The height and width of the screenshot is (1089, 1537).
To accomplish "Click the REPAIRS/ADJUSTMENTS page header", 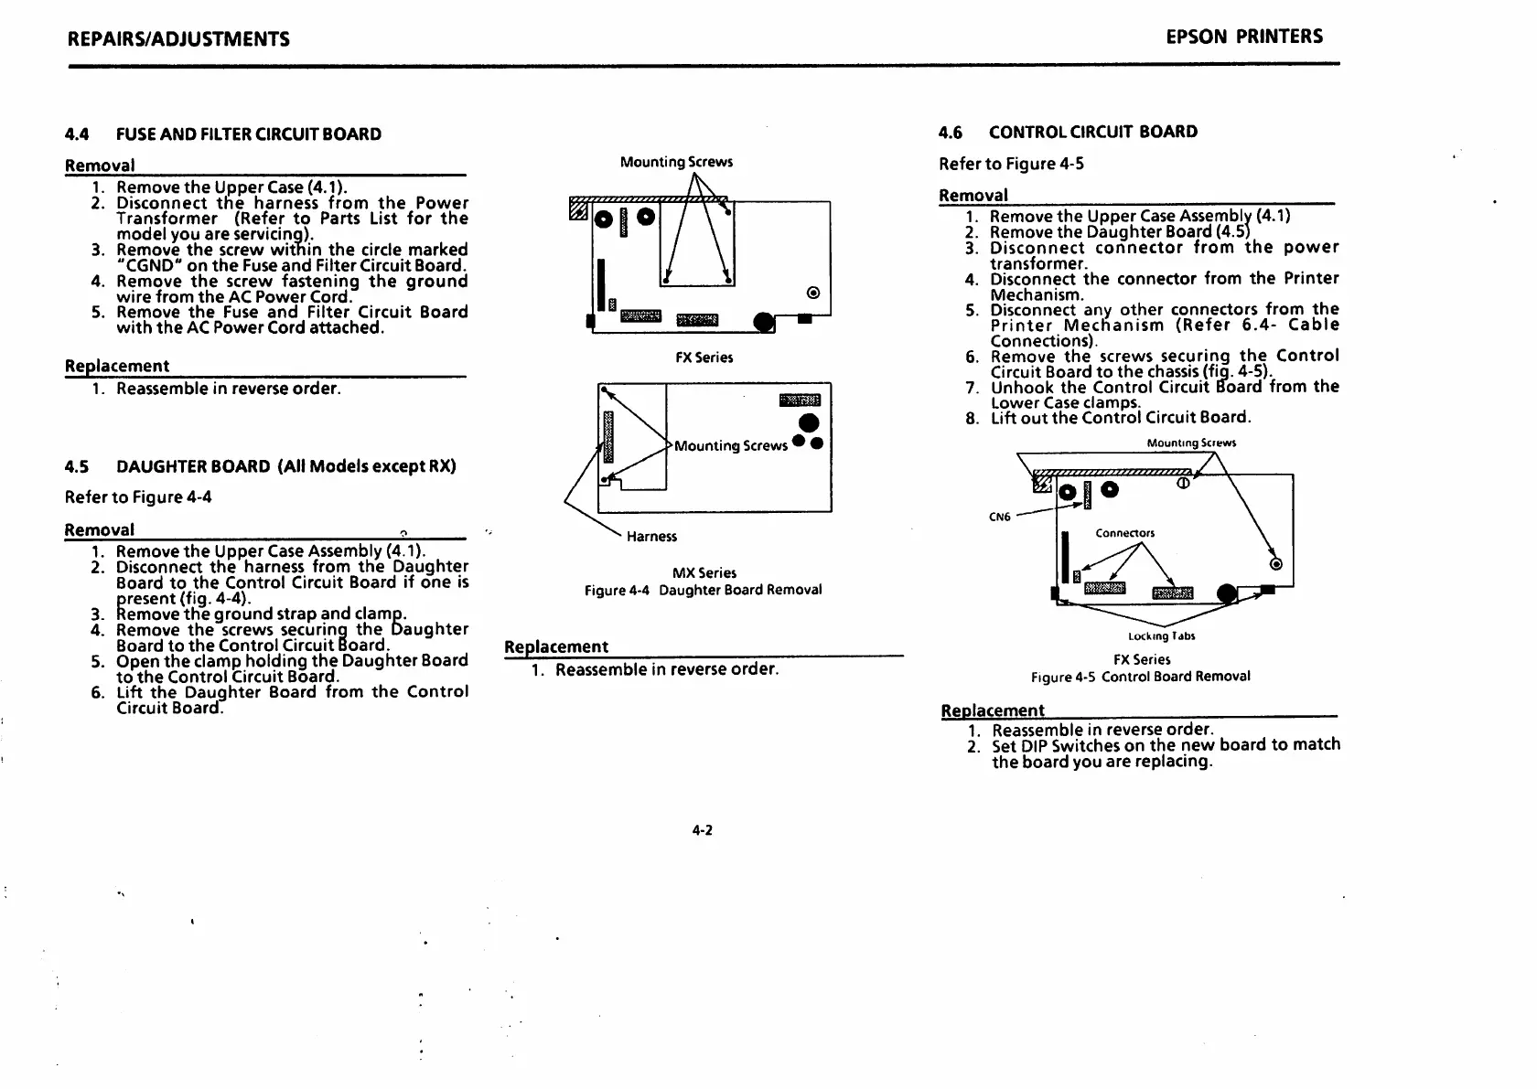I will click(x=178, y=38).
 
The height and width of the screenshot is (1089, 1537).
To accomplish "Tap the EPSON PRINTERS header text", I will click(x=1244, y=37).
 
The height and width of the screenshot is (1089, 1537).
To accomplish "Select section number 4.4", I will click(x=77, y=134).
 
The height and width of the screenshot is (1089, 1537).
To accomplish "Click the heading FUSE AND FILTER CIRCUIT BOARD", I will click(x=249, y=134).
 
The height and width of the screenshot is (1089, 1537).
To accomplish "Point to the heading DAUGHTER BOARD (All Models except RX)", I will click(x=285, y=466).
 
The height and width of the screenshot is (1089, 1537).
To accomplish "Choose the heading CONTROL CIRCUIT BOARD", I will click(x=1092, y=132).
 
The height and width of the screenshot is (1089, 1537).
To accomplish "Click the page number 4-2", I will click(x=702, y=830).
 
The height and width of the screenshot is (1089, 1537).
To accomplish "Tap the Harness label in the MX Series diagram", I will click(x=651, y=537).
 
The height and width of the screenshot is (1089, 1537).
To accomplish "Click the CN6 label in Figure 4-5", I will click(x=1000, y=518).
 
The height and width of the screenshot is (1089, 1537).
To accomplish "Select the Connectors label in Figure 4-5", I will click(x=1125, y=533).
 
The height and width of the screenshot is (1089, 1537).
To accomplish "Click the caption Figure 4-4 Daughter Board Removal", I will click(x=703, y=591).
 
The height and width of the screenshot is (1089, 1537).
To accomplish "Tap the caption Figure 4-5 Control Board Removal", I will click(x=1140, y=677).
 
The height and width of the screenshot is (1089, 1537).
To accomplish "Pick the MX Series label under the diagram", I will click(x=704, y=573).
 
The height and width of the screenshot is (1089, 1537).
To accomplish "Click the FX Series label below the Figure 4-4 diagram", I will click(x=704, y=358).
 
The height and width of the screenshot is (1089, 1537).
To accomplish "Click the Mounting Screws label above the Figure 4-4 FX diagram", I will click(x=676, y=163).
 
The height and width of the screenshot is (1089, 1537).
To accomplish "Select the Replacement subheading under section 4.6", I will click(x=993, y=710).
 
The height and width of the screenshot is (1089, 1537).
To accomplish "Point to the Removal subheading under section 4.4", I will click(x=100, y=165).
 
